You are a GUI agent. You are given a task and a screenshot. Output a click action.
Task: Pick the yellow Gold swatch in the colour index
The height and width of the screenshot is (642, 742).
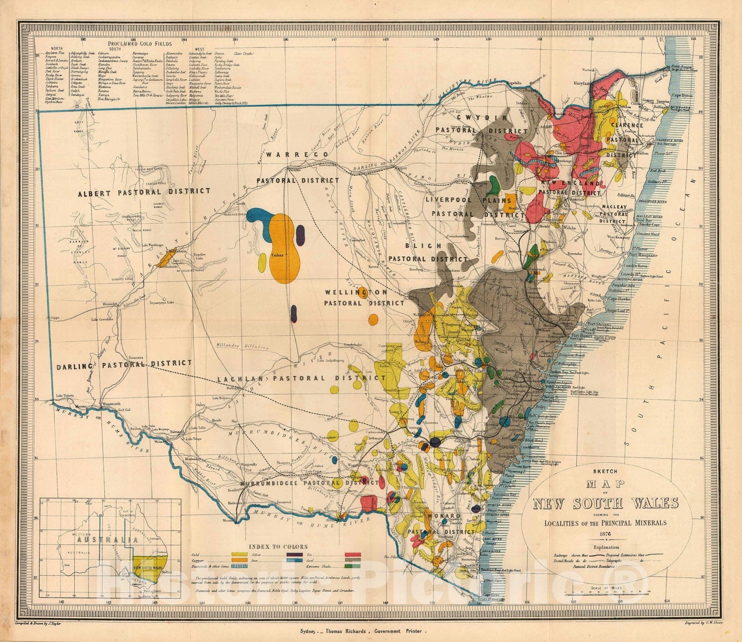tap(239, 555)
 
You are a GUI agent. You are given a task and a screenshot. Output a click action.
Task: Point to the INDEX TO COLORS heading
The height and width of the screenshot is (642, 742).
tap(278, 546)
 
